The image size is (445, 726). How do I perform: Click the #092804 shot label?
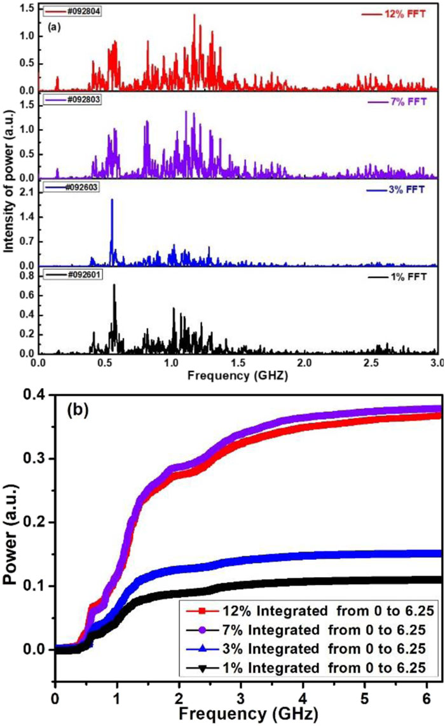(x=84, y=11)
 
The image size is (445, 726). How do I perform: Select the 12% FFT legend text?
(x=405, y=14)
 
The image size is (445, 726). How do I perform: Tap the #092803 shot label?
(x=84, y=99)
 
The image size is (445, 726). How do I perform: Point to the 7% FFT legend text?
(x=408, y=101)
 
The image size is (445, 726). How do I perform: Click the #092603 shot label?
(x=82, y=187)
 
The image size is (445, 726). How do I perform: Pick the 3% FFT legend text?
(x=406, y=190)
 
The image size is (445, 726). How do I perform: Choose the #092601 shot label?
(x=85, y=275)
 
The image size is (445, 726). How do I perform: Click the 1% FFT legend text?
(x=408, y=277)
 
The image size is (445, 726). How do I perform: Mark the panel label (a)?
(x=54, y=27)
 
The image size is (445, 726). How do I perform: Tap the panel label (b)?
(x=78, y=410)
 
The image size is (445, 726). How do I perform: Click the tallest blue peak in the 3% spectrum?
(x=112, y=200)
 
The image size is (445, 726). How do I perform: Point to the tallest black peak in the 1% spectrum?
(x=114, y=285)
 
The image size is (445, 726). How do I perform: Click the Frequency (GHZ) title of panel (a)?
(x=238, y=375)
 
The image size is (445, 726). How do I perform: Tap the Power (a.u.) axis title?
(x=11, y=534)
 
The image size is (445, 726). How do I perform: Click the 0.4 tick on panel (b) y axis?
(x=34, y=395)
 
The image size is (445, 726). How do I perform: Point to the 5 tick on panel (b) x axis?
(x=364, y=698)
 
